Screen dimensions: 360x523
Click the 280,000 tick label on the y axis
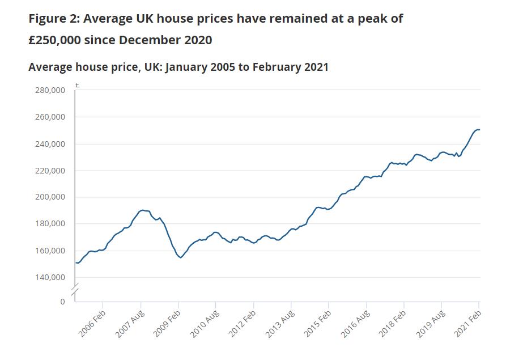pos(50,90)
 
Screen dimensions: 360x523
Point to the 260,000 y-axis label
pos(50,117)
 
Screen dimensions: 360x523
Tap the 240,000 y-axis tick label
pos(50,144)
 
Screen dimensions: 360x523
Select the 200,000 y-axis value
pos(50,197)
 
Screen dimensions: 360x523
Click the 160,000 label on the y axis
pos(50,251)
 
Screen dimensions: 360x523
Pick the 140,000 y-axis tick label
pos(50,277)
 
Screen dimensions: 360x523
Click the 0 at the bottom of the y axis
pos(63,302)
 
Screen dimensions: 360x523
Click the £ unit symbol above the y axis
pos(77,86)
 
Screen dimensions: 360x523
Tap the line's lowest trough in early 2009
pos(181,257)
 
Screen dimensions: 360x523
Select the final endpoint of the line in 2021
pos(479,130)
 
